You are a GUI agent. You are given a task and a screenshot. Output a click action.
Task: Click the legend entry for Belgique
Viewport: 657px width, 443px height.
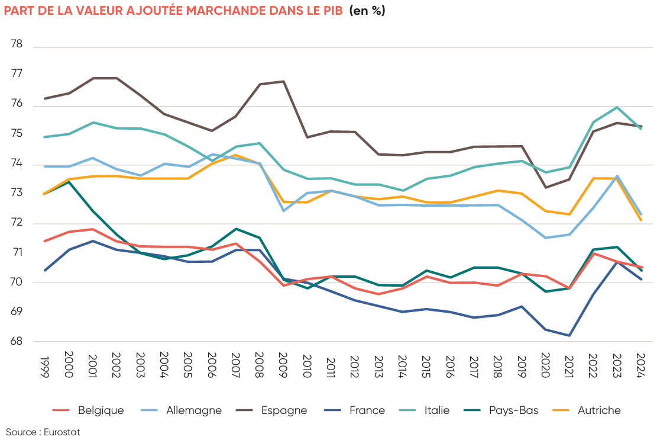[x=101, y=410]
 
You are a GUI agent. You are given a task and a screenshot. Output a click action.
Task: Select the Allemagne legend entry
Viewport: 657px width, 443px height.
[x=194, y=410]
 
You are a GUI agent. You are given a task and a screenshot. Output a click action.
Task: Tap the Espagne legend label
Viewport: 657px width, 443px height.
[x=284, y=410]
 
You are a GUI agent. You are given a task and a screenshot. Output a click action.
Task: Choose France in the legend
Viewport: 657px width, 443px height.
[x=367, y=410]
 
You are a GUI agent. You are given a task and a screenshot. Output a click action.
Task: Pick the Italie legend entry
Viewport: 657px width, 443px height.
[x=436, y=410]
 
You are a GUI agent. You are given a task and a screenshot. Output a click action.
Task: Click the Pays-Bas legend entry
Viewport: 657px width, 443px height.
[x=513, y=410]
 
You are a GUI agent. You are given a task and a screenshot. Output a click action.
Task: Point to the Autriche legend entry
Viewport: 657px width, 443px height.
[x=599, y=410]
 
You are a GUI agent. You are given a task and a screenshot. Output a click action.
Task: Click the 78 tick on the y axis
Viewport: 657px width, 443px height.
[x=17, y=44]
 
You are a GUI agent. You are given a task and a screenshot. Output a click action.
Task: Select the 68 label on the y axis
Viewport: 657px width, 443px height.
[x=17, y=342]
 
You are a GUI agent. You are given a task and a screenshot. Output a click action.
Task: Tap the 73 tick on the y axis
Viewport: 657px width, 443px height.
[x=17, y=193]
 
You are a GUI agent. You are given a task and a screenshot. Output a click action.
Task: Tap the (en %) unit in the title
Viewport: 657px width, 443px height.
[x=367, y=11]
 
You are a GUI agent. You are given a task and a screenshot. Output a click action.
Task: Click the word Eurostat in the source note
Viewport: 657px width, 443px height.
[x=62, y=432]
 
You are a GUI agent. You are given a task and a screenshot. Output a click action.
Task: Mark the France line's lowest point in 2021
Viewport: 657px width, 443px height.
[x=569, y=336]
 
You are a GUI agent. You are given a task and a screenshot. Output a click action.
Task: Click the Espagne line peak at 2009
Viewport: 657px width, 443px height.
[x=283, y=81]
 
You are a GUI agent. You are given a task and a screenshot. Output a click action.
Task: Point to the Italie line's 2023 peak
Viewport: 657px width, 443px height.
[x=617, y=107]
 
